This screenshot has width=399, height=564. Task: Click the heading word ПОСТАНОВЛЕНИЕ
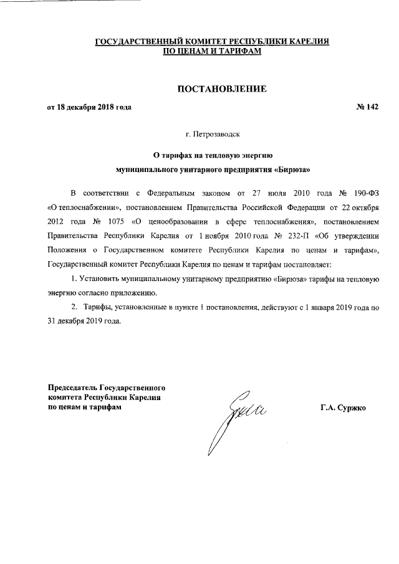pyautogui.click(x=223, y=89)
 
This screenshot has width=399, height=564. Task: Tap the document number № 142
pyautogui.click(x=367, y=107)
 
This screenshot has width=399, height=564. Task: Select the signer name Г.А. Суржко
pyautogui.click(x=344, y=408)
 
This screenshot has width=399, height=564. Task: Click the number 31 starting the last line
pyautogui.click(x=52, y=322)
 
